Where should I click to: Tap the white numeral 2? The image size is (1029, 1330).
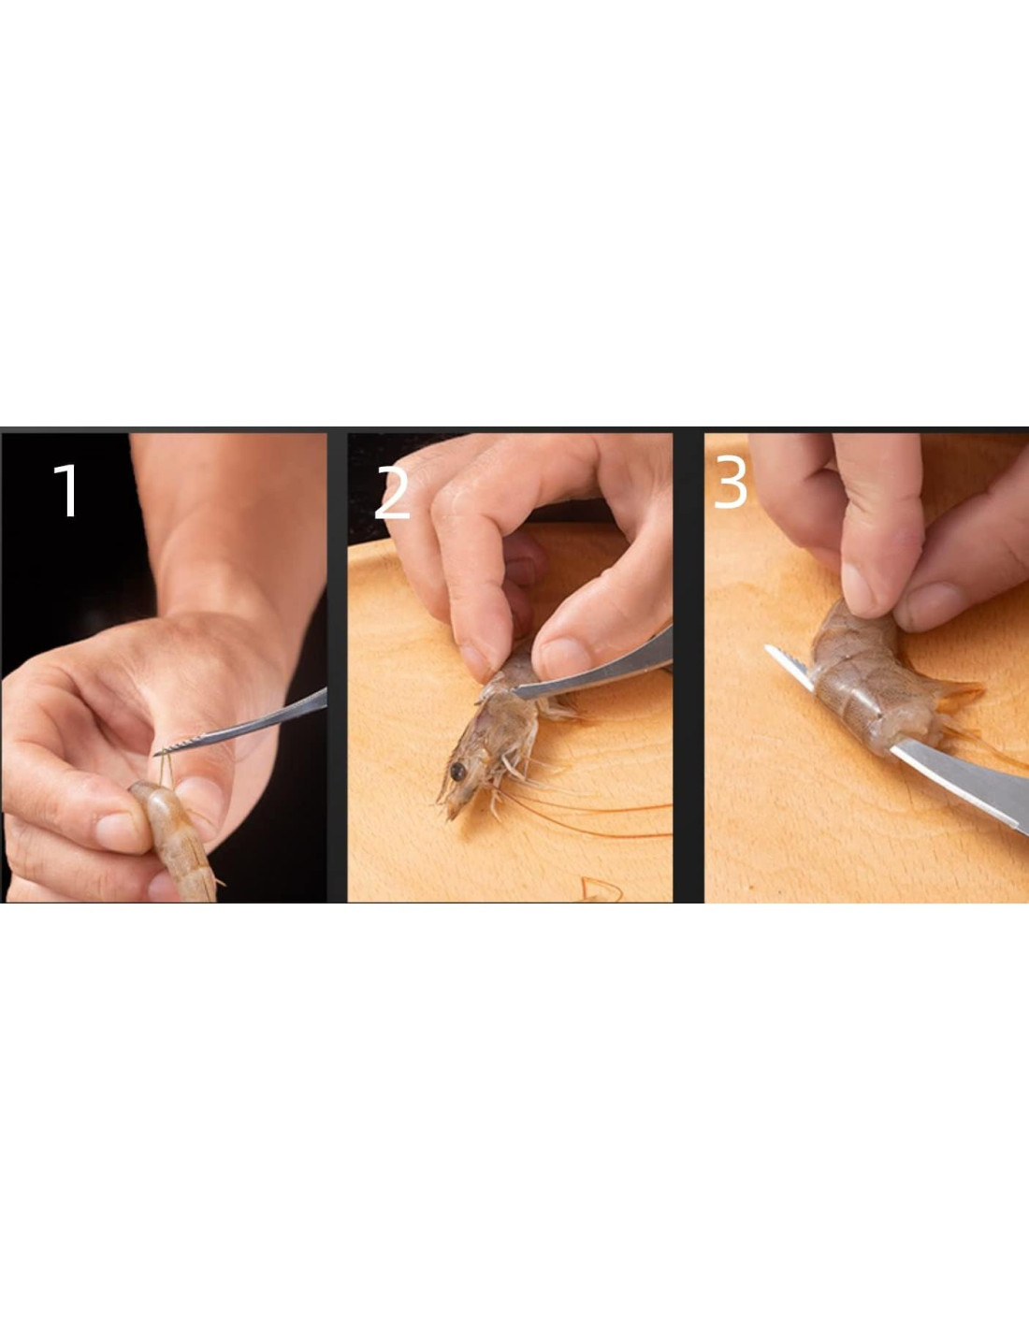pos(392,493)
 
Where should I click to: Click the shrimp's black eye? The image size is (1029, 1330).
pos(457,772)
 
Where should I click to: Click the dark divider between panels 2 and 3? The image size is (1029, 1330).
pos(688,667)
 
